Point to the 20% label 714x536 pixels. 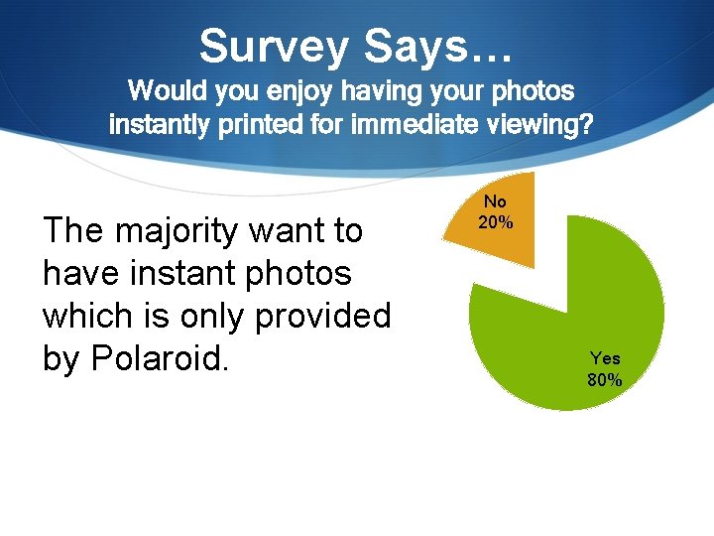(496, 222)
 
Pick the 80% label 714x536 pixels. (605, 380)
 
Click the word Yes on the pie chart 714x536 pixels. (605, 358)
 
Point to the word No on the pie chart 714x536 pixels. (495, 201)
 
